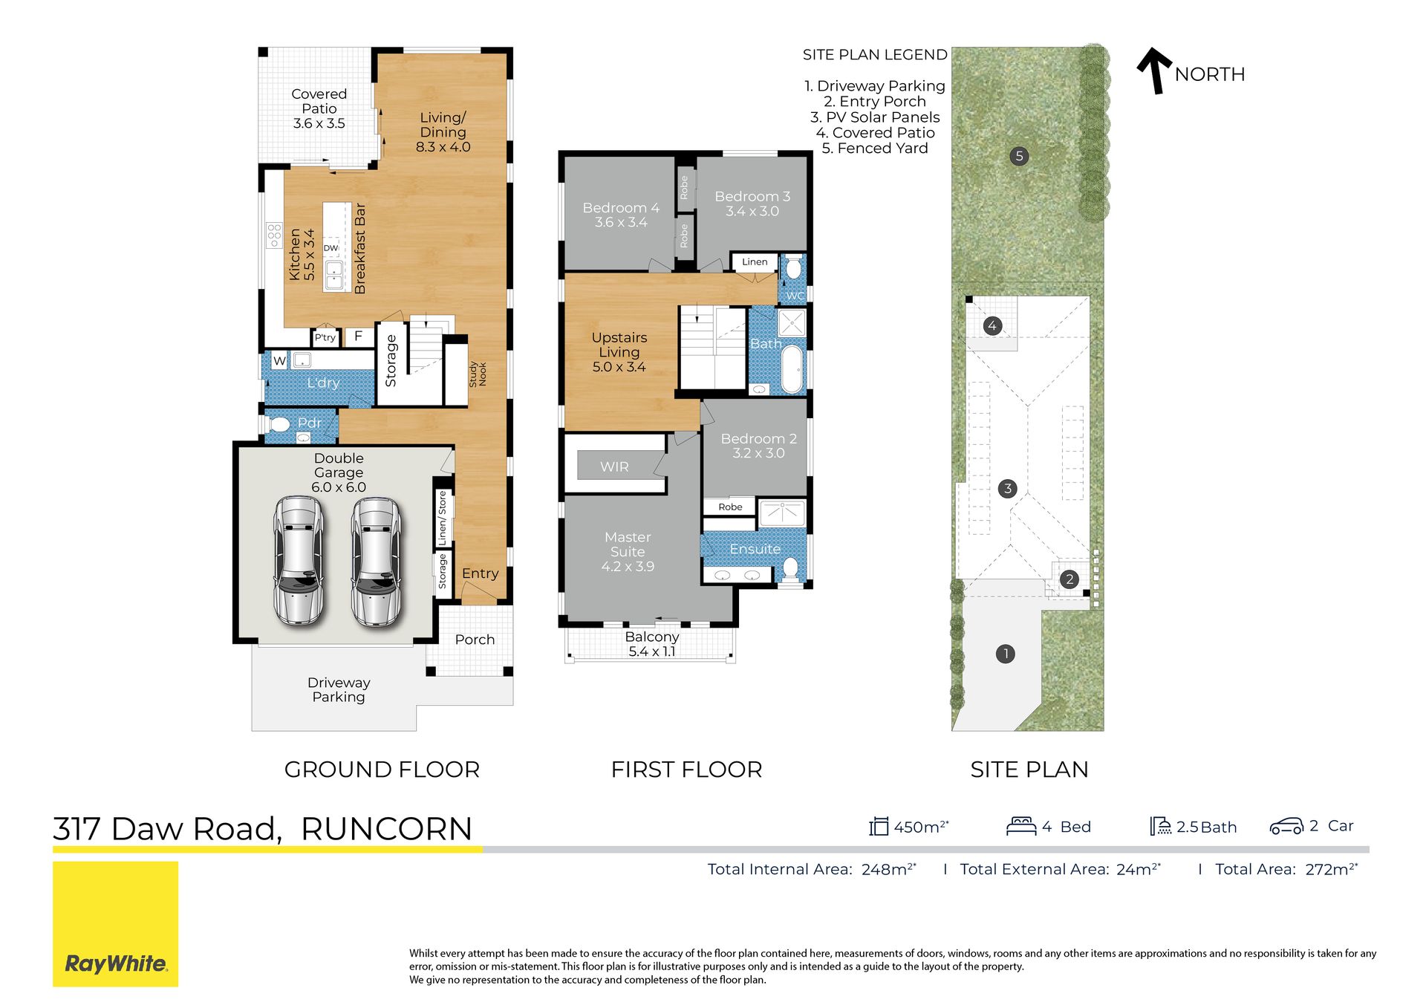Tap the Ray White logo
[x=115, y=924]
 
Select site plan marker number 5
[x=1019, y=156]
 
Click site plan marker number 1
[x=1005, y=654]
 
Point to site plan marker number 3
[x=1007, y=488]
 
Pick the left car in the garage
[x=299, y=560]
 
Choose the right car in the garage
[x=376, y=562]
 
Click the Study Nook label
[x=478, y=374]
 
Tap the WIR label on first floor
[x=614, y=466]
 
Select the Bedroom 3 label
[x=752, y=204]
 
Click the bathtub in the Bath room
[x=792, y=368]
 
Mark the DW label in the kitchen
[x=331, y=248]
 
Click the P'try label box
[x=325, y=337]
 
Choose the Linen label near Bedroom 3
[x=755, y=261]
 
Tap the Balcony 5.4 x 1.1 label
[x=652, y=644]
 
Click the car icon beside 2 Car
[x=1286, y=826]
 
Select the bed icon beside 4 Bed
[x=1021, y=826]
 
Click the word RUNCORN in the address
[x=386, y=829]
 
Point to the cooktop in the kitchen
[x=274, y=235]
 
